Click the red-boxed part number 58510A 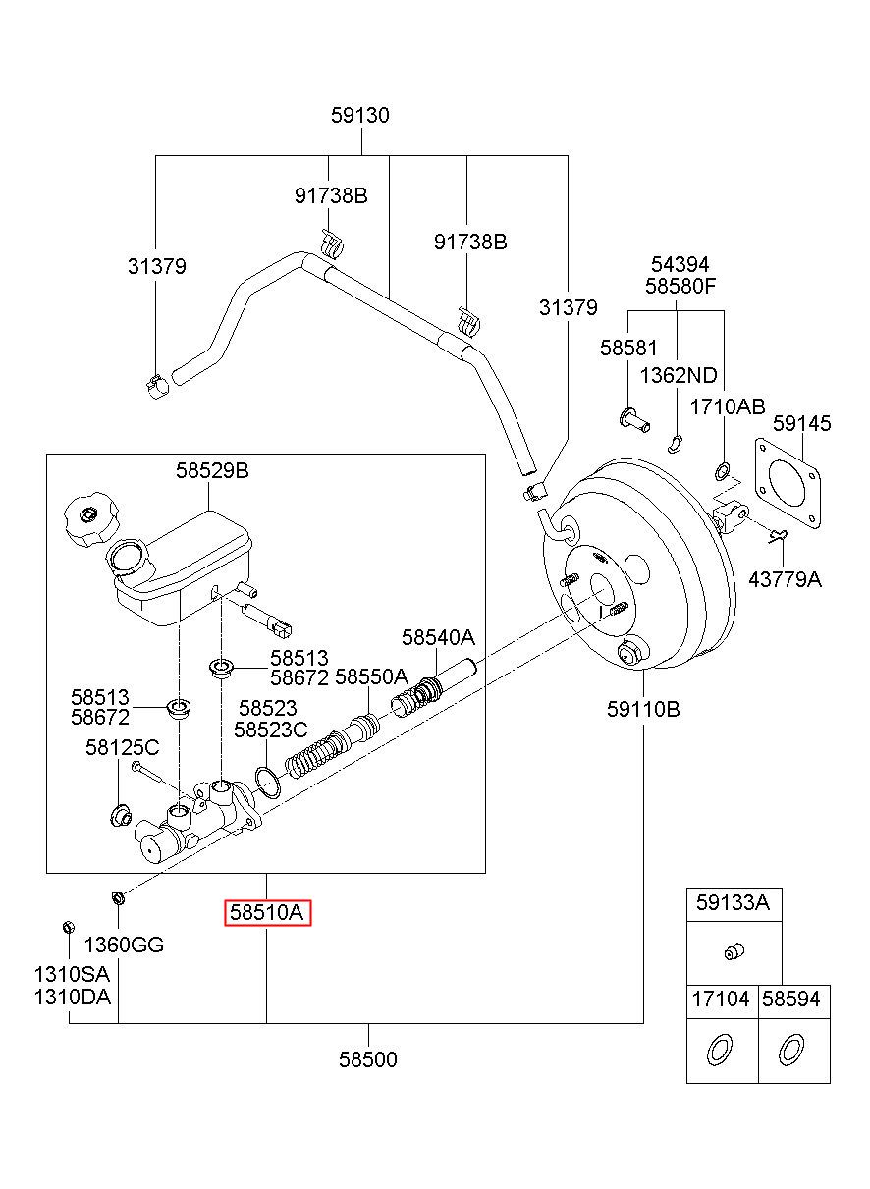(267, 912)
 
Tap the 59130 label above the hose (360, 115)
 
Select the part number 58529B (212, 470)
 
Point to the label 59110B (643, 709)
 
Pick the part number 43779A (786, 579)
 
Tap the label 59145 (801, 423)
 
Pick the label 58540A (438, 637)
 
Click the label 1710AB (728, 407)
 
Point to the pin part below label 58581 (635, 420)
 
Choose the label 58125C (122, 747)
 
